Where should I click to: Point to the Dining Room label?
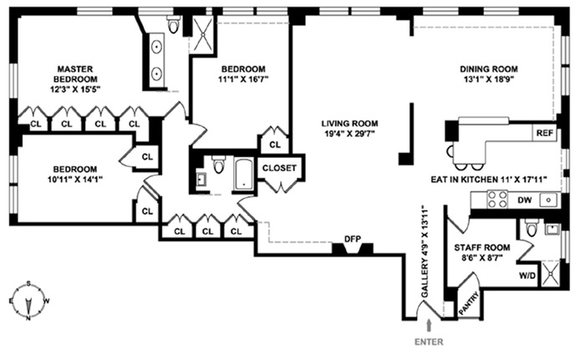[x=489, y=69]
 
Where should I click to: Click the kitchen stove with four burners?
[x=496, y=200]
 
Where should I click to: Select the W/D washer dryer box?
[x=528, y=275]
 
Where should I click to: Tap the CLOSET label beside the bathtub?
[x=280, y=168]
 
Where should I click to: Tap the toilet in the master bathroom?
[x=174, y=26]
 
